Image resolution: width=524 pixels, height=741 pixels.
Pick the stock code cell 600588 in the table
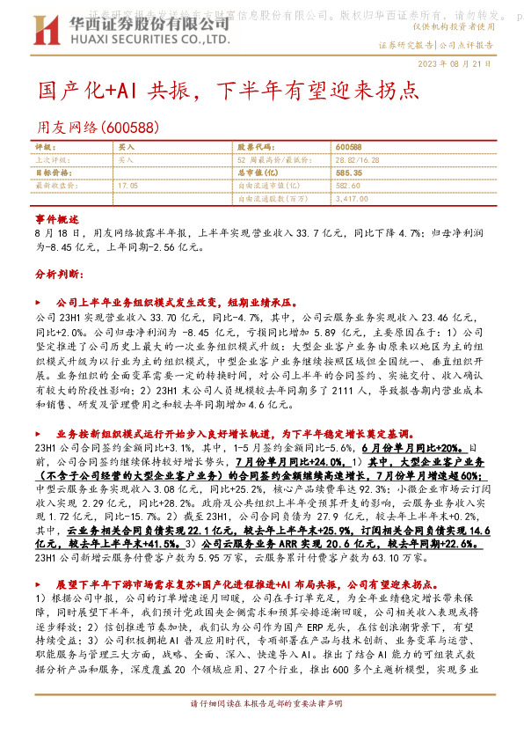[349, 147]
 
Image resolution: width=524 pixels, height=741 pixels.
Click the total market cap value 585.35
[349, 173]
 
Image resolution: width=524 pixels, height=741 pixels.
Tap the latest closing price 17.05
[128, 187]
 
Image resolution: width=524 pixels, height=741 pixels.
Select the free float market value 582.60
[349, 187]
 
